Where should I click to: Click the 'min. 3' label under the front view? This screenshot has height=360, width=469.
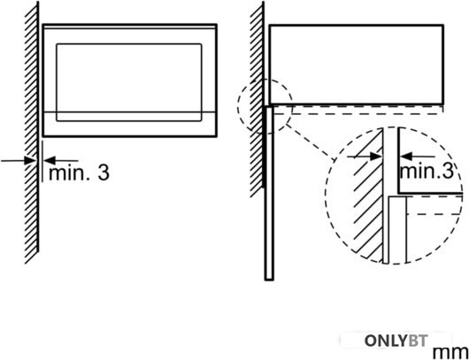pyautogui.click(x=79, y=172)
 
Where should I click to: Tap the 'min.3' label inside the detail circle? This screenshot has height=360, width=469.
pyautogui.click(x=427, y=171)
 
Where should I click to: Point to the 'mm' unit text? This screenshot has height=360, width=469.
pyautogui.click(x=450, y=352)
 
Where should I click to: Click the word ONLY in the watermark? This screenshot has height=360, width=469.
pyautogui.click(x=387, y=341)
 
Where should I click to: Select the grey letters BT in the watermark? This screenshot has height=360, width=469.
pyautogui.click(x=419, y=341)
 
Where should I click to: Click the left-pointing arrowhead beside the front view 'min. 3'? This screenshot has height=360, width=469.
pyautogui.click(x=50, y=160)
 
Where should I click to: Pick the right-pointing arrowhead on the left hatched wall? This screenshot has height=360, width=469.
pyautogui.click(x=30, y=160)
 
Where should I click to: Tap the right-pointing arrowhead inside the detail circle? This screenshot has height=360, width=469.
pyautogui.click(x=376, y=156)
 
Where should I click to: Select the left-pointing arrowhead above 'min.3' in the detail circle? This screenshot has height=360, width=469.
pyautogui.click(x=406, y=156)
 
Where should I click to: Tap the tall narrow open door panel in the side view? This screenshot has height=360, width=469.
pyautogui.click(x=269, y=193)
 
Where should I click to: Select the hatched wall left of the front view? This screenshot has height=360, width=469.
pyautogui.click(x=31, y=133)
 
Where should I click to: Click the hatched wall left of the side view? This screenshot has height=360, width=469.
pyautogui.click(x=257, y=99)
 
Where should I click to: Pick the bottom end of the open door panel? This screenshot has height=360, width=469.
pyautogui.click(x=269, y=280)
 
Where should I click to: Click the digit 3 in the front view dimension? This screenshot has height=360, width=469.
pyautogui.click(x=104, y=173)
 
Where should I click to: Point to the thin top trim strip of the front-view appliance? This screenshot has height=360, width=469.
pyautogui.click(x=129, y=27)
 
